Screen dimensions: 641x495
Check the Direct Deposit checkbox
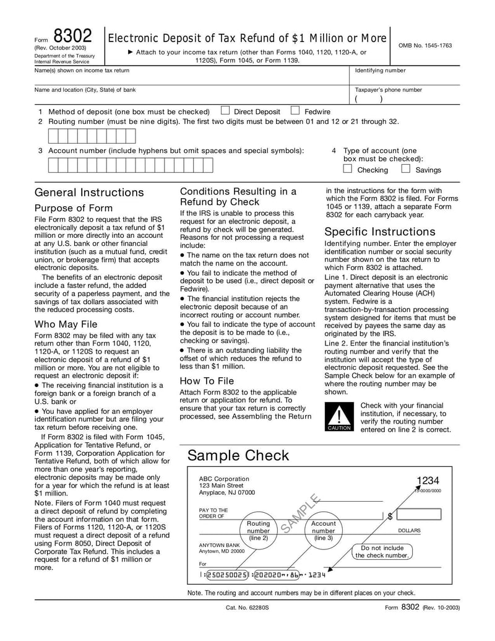click(225, 111)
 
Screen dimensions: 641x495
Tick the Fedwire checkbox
click(295, 111)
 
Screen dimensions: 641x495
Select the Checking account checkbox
click(348, 168)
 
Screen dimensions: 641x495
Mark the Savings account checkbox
click(405, 168)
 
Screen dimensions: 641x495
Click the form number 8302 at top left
click(72, 35)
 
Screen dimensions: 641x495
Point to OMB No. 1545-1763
click(424, 45)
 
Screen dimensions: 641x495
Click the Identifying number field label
click(380, 71)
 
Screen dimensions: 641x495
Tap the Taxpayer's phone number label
click(389, 90)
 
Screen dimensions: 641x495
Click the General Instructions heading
click(89, 192)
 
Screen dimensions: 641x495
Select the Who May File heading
click(66, 324)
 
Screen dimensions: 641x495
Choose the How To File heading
click(207, 381)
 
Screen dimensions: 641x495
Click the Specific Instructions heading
click(380, 232)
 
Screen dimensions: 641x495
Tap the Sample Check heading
click(238, 456)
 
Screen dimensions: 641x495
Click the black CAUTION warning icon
click(339, 417)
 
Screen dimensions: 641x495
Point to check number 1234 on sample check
click(428, 481)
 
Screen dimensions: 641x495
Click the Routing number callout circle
click(259, 531)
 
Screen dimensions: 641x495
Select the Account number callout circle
click(323, 531)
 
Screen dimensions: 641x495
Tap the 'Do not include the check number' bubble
click(382, 552)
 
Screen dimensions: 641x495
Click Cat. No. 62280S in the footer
click(247, 608)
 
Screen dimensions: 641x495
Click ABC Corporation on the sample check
click(224, 479)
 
